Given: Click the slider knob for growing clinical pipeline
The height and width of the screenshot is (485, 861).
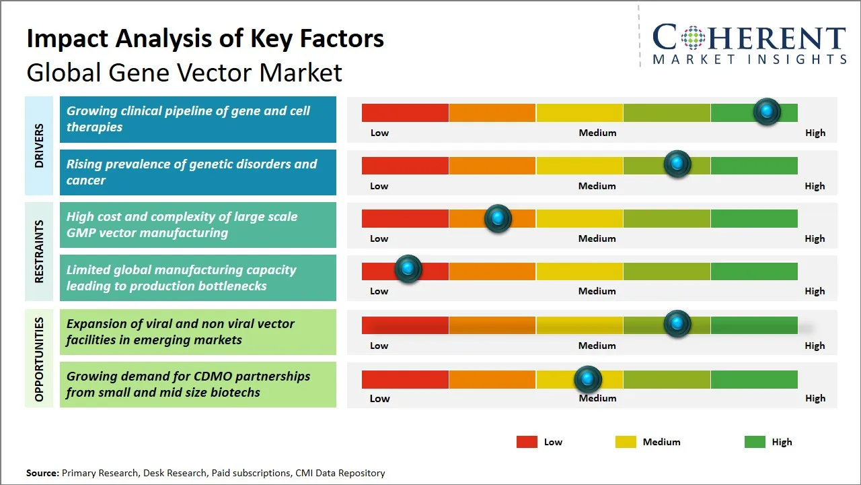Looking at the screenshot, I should pyautogui.click(x=766, y=112).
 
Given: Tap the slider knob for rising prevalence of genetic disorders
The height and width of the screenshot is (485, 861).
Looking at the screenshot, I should pyautogui.click(x=677, y=164).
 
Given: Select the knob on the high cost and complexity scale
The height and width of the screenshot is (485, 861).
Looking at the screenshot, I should pyautogui.click(x=498, y=218).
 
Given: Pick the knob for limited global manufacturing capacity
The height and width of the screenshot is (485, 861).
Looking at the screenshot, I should pyautogui.click(x=408, y=269).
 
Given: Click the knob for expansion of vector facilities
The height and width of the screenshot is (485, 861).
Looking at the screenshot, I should pyautogui.click(x=677, y=324).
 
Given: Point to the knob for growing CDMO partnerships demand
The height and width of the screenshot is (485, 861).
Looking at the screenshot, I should pyautogui.click(x=588, y=379).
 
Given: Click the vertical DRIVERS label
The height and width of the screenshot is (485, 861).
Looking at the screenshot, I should pyautogui.click(x=39, y=145).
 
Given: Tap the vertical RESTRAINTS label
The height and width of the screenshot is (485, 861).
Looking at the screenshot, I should pyautogui.click(x=39, y=251).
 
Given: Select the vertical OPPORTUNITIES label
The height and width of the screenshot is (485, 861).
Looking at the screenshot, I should pyautogui.click(x=39, y=359).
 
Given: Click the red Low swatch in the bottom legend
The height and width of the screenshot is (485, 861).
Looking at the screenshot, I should pyautogui.click(x=527, y=442).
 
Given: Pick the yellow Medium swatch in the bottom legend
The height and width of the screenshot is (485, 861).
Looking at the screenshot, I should pyautogui.click(x=626, y=442).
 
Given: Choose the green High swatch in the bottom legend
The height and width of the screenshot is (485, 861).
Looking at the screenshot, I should pyautogui.click(x=755, y=442).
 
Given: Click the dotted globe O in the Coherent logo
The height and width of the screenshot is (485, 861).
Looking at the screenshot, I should pyautogui.click(x=693, y=38).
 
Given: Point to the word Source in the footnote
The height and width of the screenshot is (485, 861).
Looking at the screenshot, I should pyautogui.click(x=42, y=473).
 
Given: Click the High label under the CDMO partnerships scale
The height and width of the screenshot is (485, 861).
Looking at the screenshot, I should pyautogui.click(x=815, y=398).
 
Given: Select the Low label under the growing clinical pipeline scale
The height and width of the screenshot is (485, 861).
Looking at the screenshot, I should pyautogui.click(x=379, y=133).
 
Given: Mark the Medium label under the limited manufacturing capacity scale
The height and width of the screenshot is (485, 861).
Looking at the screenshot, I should pyautogui.click(x=597, y=291).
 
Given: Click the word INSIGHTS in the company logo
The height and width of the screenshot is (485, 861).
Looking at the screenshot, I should pyautogui.click(x=804, y=59).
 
